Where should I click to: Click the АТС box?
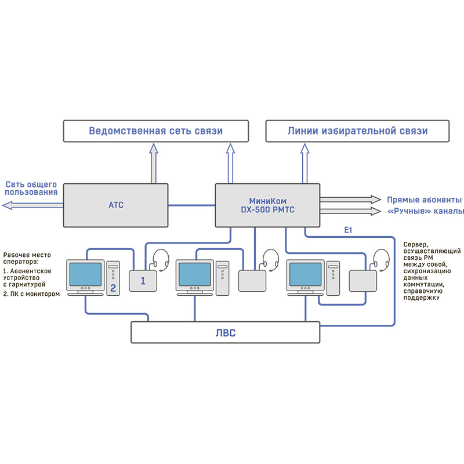115,205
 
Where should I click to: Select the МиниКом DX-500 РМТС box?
267,205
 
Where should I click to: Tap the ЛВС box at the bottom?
225,333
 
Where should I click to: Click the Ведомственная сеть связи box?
155,131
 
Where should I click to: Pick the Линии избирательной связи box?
357,131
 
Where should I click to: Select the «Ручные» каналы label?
425,211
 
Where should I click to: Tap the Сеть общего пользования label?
31,188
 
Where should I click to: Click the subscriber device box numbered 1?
143,280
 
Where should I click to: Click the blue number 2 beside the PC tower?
113,288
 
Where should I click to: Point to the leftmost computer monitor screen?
86,273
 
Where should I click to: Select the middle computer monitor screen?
195,273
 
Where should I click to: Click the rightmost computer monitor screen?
305,273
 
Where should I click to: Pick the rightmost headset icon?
381,259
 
